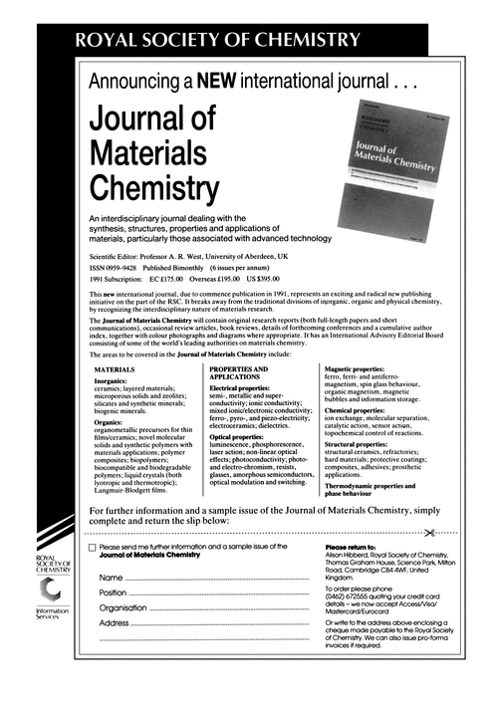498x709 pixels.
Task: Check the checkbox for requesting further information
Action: pos(93,548)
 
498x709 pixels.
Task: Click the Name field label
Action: pos(111,578)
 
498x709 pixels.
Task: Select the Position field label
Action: pos(113,592)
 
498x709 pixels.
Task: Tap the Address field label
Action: pos(115,623)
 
